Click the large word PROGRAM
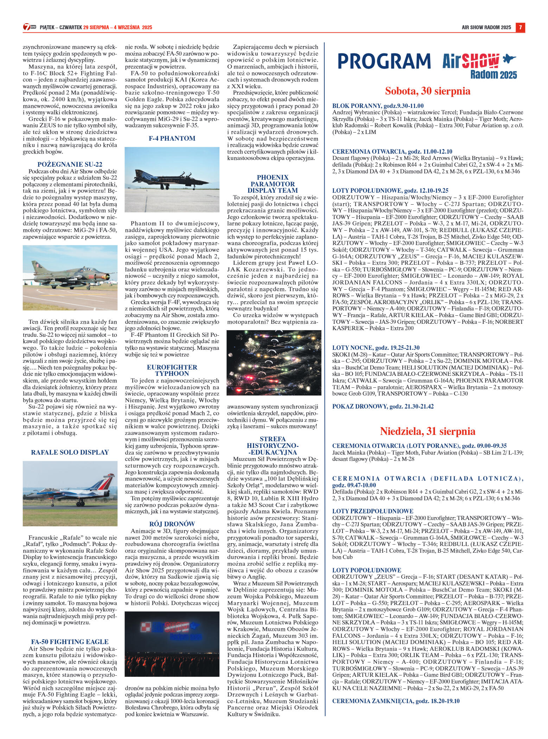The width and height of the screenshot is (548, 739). [x=384, y=61]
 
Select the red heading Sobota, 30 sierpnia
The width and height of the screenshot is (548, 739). [x=428, y=91]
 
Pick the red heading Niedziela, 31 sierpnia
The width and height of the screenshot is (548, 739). [x=428, y=431]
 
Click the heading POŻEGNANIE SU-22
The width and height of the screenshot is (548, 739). [x=70, y=164]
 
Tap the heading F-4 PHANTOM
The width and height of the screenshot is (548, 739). [x=172, y=139]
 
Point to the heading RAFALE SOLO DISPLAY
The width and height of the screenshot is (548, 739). [x=70, y=452]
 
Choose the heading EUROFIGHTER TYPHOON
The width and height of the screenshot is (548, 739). [x=172, y=370]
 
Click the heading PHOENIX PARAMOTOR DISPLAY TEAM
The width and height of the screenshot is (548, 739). [x=273, y=184]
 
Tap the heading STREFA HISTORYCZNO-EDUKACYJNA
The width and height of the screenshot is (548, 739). [x=273, y=446]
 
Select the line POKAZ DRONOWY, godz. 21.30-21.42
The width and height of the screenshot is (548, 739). [x=383, y=406]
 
